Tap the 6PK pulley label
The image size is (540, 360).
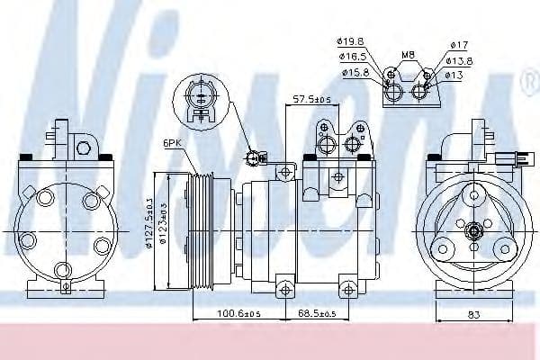[173, 142]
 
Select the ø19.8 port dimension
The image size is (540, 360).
[352, 40]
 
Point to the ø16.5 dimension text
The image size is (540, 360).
[352, 56]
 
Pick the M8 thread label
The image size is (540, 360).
[408, 54]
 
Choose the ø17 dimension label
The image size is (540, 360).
[459, 44]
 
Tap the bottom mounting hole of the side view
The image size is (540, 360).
[285, 288]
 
